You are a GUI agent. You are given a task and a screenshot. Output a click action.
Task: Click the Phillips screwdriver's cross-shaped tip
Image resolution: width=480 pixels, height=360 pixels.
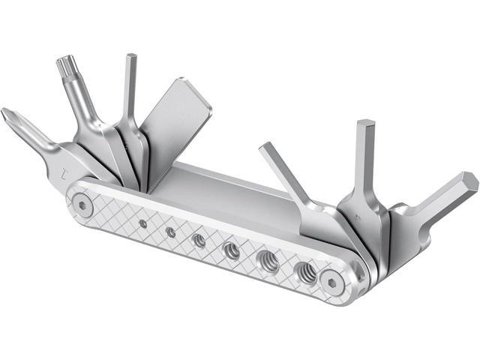(x=10, y=118)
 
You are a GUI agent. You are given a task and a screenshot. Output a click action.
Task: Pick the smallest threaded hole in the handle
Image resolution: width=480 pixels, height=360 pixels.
(x=142, y=223)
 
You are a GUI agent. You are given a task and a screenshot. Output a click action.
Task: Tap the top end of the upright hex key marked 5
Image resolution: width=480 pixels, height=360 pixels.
(x=365, y=126)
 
